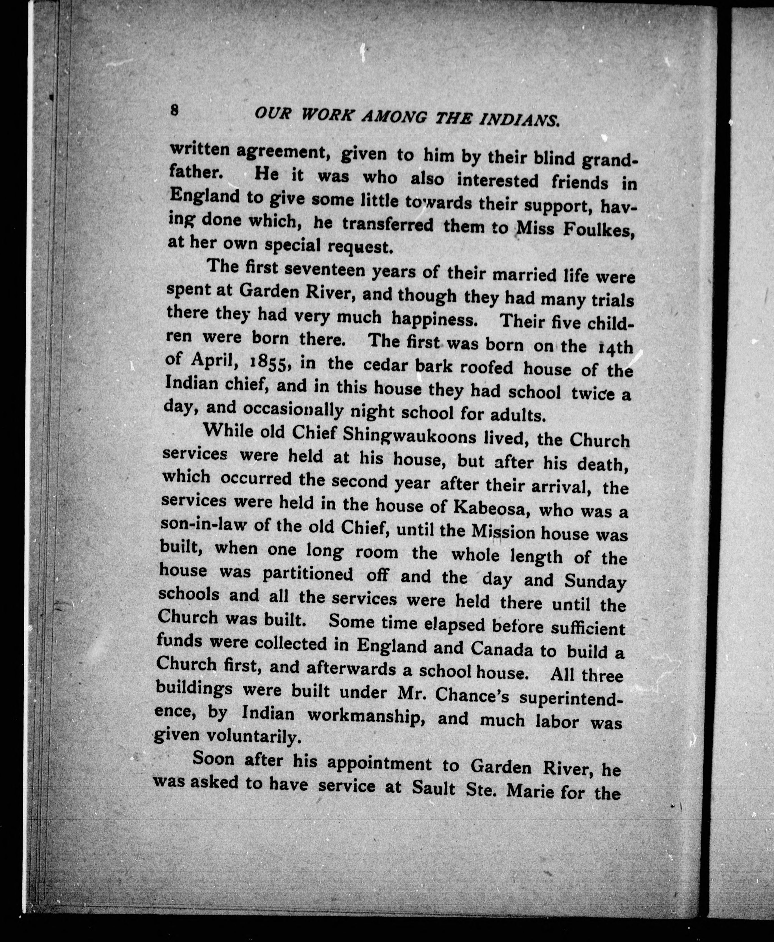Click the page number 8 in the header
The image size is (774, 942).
174,110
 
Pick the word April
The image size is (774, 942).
213,361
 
